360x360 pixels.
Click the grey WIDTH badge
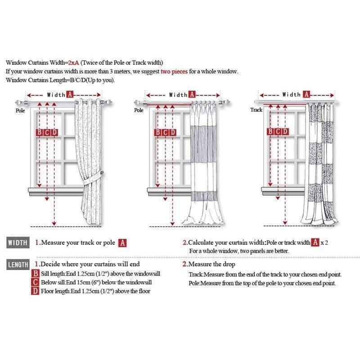coord(18,243)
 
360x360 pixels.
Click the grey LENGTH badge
coord(18,265)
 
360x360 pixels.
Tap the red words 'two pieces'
coord(174,72)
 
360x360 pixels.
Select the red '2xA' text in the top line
coord(73,63)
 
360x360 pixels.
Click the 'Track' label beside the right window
coord(256,110)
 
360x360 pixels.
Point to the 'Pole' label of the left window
coord(20,110)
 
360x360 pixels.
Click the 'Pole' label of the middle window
coord(139,110)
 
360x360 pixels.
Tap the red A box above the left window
coord(70,94)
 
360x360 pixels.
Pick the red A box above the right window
coord(306,94)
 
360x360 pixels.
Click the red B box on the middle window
coord(158,132)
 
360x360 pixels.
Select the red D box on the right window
coord(285,131)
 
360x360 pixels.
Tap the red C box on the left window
coord(47,132)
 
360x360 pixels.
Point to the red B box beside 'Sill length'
coord(36,274)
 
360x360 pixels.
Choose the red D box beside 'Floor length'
coord(36,291)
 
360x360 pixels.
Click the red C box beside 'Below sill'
coord(36,282)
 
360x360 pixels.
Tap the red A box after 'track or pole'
coord(122,243)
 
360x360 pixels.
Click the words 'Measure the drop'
coord(211,264)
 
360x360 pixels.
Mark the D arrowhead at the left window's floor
coord(54,223)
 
